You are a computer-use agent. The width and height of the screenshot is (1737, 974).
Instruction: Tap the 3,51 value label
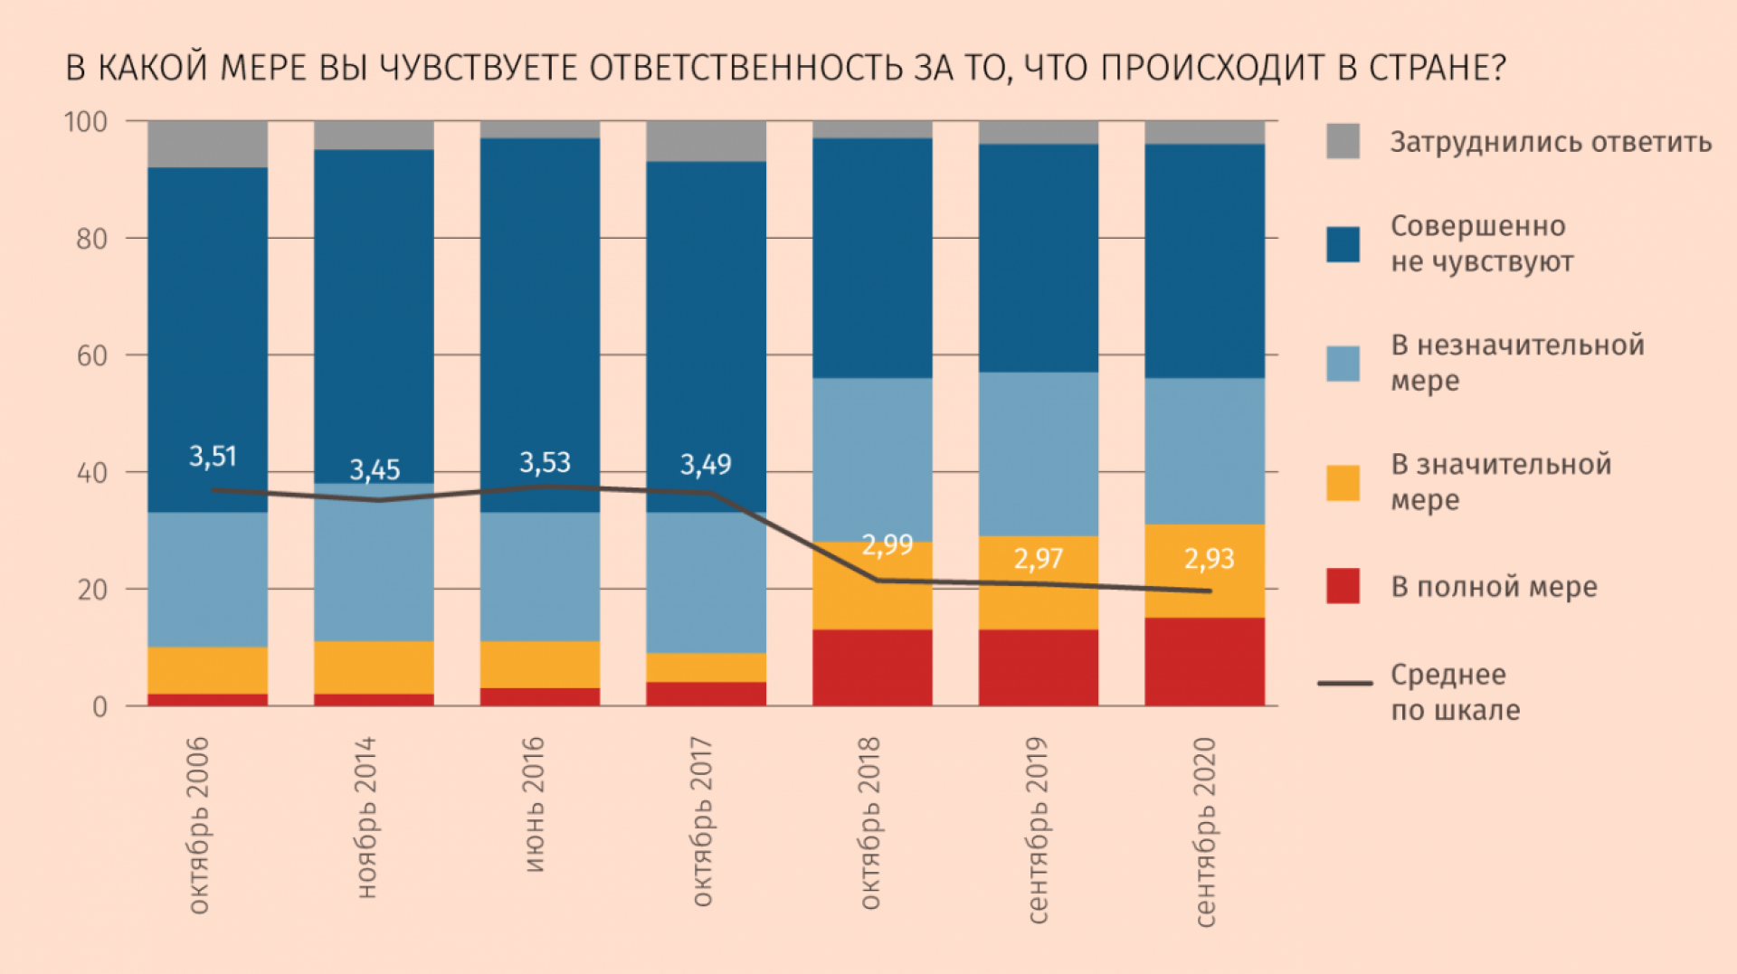pos(213,457)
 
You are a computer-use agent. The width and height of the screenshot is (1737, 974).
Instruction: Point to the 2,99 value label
pos(887,545)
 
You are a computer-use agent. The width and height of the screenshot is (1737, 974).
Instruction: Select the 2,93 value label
pos(1210,559)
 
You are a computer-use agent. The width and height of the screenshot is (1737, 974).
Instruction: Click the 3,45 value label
pos(375,470)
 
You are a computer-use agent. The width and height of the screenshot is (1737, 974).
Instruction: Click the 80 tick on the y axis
pos(91,239)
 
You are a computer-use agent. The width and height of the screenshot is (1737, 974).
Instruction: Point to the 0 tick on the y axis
pos(100,706)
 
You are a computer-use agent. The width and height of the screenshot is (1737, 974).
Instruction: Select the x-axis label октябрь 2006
pos(198,825)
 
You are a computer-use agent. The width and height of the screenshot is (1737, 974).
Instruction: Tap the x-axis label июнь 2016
pos(534,804)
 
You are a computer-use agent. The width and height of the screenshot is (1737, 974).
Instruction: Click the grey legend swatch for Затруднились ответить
pos(1343,142)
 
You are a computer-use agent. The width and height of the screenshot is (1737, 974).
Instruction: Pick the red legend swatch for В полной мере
pos(1343,586)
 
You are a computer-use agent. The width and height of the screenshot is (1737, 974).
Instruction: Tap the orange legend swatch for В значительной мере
pos(1343,483)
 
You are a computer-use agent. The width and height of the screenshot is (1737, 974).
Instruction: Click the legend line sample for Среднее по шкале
pos(1344,683)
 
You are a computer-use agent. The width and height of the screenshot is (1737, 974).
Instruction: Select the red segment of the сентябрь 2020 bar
pos(1204,661)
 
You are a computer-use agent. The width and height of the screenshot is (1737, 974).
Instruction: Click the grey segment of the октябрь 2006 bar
pos(207,144)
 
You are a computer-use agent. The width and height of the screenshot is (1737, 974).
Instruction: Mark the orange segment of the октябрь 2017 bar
pos(706,667)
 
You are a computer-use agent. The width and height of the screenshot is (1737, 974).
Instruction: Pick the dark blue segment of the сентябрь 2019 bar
pos(1039,258)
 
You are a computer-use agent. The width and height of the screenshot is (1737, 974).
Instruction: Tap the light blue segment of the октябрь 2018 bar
pos(872,459)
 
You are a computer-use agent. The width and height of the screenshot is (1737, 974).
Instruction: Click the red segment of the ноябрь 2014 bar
pos(374,699)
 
